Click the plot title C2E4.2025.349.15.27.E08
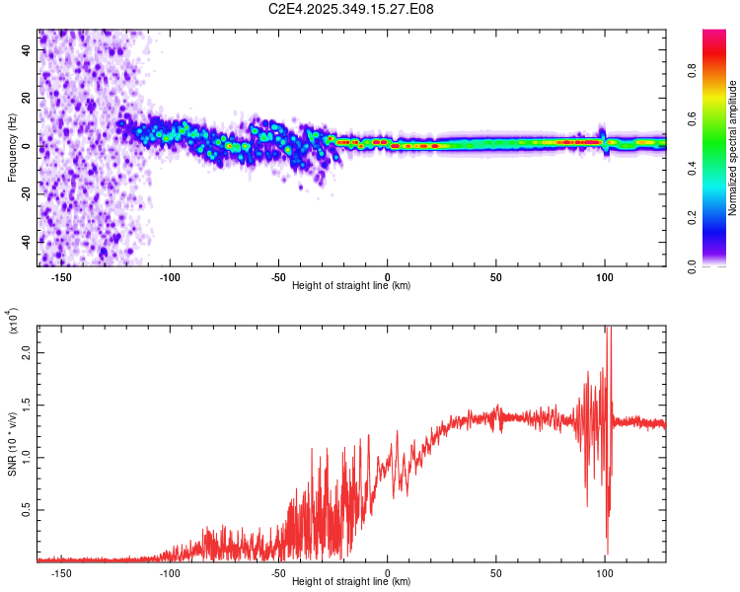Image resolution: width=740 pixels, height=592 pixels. (x=352, y=9)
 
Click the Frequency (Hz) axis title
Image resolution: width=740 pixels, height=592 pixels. (x=12, y=147)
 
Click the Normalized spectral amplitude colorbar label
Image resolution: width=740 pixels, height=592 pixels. (x=733, y=148)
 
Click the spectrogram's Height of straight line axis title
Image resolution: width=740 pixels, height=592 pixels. (x=351, y=285)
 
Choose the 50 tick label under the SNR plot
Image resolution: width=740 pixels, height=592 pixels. (x=496, y=572)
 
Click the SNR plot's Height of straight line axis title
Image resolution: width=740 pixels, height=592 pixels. (x=351, y=582)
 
